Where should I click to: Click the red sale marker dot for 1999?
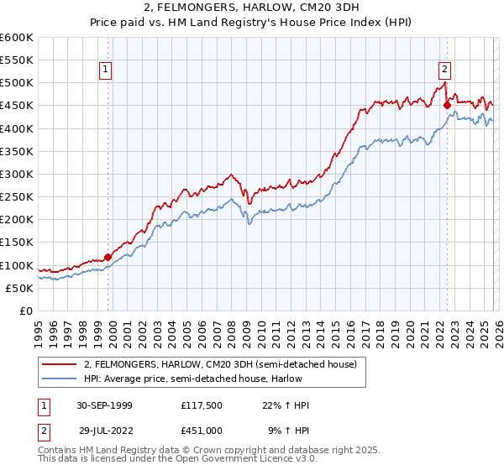point(108,257)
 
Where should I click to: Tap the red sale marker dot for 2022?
point(447,105)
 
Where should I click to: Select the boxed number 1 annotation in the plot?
point(107,70)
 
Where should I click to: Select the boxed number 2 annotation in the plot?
point(444,70)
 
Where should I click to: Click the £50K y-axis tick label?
point(18,288)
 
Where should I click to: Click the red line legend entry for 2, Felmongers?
point(220,364)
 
